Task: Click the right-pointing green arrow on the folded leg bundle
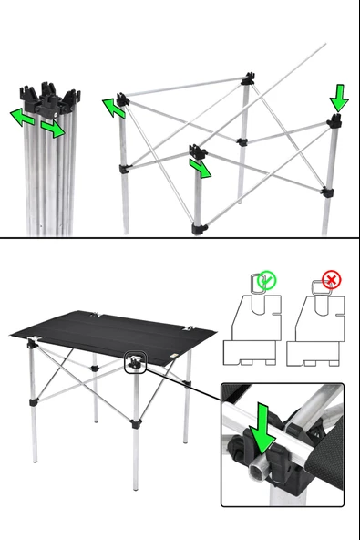53,130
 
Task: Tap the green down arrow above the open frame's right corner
338,96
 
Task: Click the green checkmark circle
266,282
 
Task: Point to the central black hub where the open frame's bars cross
242,141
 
